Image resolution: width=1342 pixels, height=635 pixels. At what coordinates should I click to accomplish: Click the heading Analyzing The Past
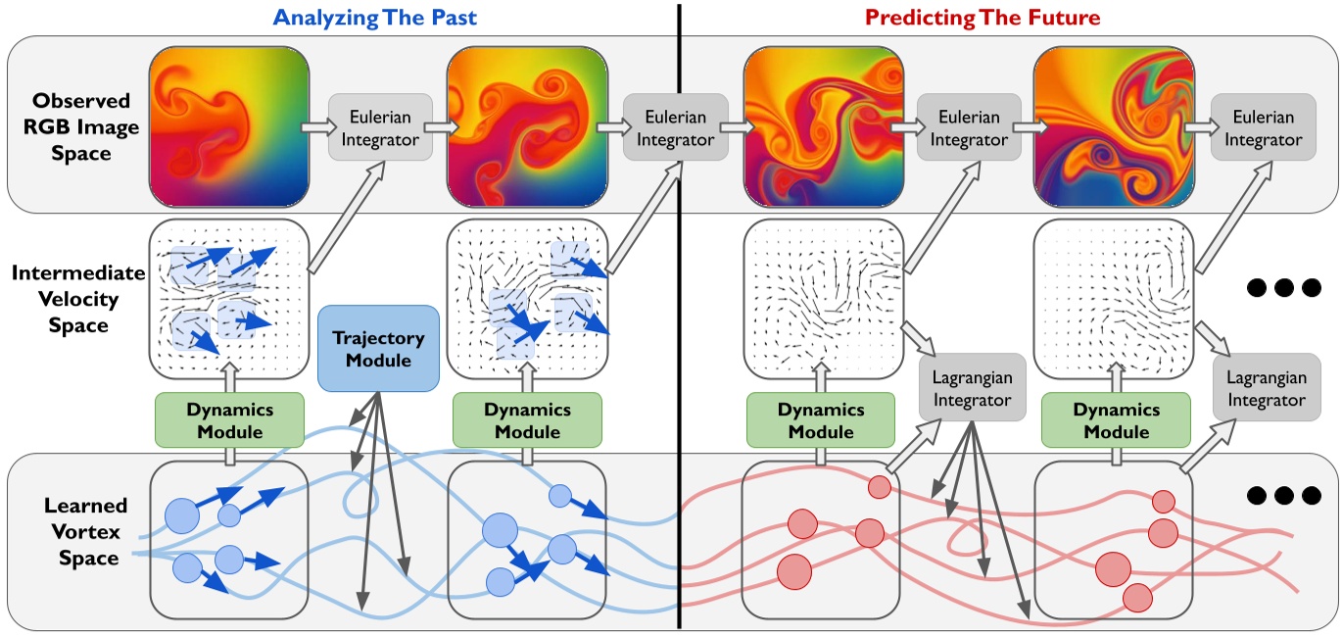point(375,17)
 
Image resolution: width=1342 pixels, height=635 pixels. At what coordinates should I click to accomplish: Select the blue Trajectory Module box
point(378,350)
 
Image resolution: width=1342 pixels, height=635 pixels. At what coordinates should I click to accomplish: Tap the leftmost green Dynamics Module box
point(228,420)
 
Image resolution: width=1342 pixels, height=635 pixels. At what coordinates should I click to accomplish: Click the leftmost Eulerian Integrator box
point(379,127)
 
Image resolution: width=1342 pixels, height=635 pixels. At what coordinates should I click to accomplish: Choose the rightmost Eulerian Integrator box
point(1263,127)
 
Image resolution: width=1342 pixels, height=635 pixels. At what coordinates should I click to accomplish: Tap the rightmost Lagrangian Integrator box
point(1264,388)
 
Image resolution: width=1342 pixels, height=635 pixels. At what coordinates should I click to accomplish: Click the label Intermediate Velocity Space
point(77,299)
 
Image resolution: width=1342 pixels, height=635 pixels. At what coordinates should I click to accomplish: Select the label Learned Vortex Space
point(83,531)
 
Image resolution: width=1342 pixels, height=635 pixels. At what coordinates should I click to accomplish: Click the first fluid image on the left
point(228,127)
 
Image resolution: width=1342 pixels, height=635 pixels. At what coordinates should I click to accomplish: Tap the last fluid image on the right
point(1113,127)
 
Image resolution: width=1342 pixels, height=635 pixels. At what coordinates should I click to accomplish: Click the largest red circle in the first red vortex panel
point(793,568)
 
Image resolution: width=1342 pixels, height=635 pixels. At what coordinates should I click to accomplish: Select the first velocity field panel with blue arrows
point(228,298)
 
